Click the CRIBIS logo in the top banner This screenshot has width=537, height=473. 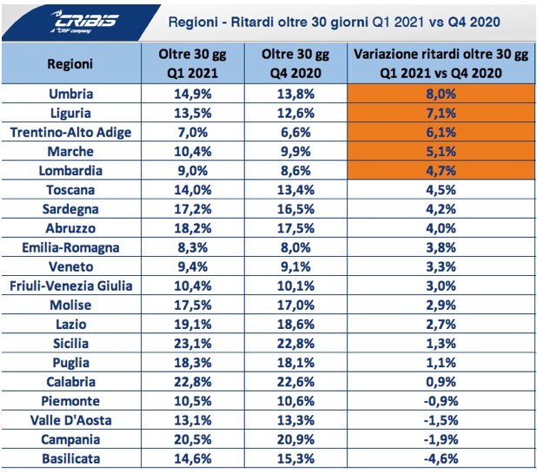tap(54, 20)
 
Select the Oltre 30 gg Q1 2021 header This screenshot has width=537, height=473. tap(193, 64)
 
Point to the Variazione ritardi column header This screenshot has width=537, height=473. tap(441, 64)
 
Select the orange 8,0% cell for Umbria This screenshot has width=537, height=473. tap(441, 93)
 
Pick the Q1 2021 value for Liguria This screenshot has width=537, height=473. tap(193, 112)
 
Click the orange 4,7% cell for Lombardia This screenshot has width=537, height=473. tap(441, 169)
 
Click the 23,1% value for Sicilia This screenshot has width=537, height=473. tap(193, 343)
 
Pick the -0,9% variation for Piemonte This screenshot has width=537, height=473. tap(441, 401)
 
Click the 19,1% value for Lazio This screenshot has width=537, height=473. tap(193, 324)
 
